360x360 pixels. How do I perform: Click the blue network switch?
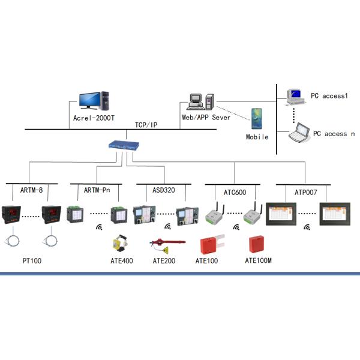tap(123, 145)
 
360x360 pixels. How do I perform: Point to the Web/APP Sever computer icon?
tap(200, 101)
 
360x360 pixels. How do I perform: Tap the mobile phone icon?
tap(257, 118)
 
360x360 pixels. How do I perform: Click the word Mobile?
tap(257, 137)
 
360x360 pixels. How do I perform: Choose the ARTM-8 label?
tap(32, 190)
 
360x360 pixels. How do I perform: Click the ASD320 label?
tap(163, 190)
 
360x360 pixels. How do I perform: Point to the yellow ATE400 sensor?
tap(120, 244)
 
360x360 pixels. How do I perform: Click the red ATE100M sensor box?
tap(258, 244)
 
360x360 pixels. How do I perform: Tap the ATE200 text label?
tap(163, 261)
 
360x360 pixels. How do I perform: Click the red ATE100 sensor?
tap(209, 245)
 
